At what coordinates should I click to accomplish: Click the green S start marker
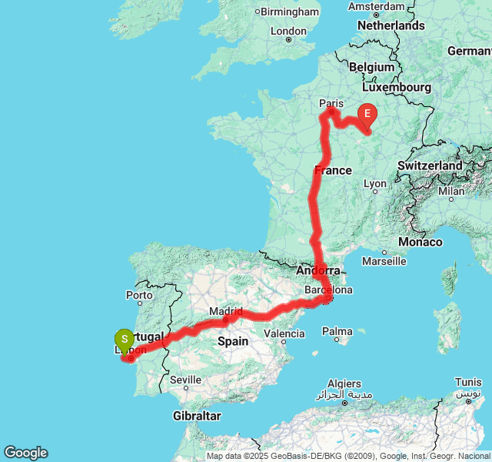[124, 340]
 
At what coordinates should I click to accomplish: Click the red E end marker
[367, 115]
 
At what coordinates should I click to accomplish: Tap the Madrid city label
[228, 312]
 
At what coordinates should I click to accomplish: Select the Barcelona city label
[328, 290]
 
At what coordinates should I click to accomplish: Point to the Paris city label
[331, 102]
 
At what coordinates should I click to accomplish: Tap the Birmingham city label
[290, 12]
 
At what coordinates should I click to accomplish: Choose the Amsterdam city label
[376, 6]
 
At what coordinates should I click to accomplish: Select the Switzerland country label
[430, 166]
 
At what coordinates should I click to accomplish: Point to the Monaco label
[421, 242]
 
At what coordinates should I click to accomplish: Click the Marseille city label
[384, 261]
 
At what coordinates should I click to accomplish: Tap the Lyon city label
[375, 184]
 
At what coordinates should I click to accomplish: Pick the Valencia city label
[284, 333]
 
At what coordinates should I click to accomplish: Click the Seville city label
[186, 380]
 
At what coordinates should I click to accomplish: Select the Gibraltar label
[197, 416]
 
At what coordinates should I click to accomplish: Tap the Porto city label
[139, 295]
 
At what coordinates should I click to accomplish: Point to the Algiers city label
[344, 383]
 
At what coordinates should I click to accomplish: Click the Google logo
[25, 453]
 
